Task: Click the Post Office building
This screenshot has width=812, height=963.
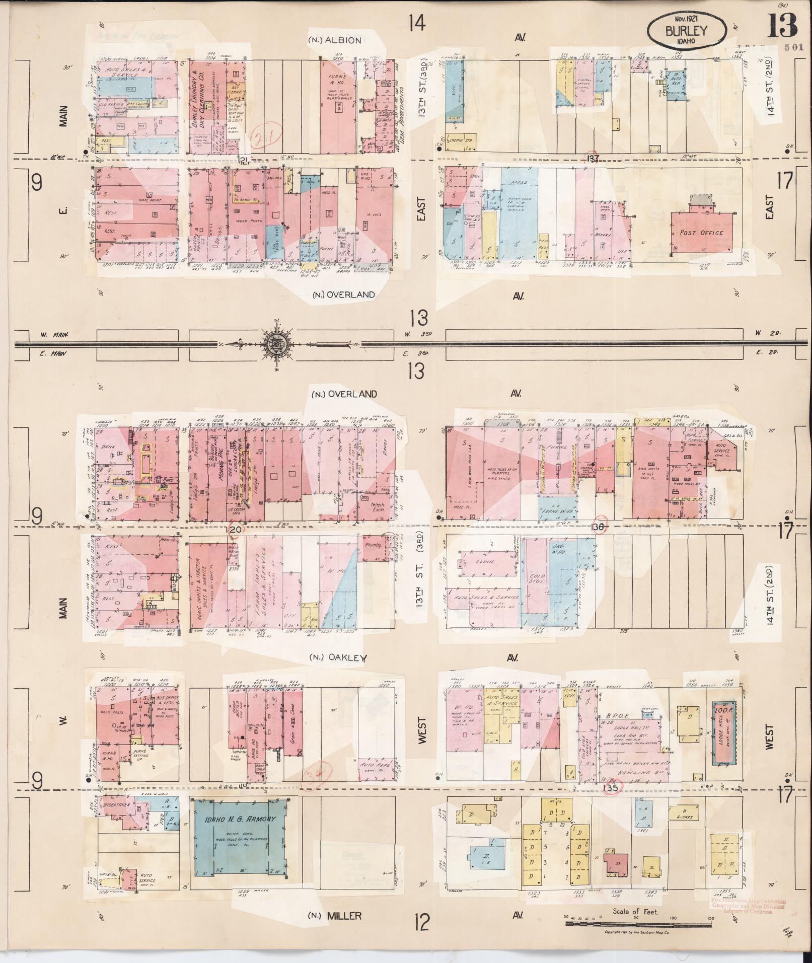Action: coord(701,233)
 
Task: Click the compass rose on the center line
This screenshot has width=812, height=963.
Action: coord(277,345)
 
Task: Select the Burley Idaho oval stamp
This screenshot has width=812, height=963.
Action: coord(687,31)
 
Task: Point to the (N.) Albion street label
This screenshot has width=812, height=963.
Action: coord(335,40)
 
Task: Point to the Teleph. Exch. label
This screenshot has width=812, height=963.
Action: coord(377,506)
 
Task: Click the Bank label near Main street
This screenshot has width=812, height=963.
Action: coord(108,446)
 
